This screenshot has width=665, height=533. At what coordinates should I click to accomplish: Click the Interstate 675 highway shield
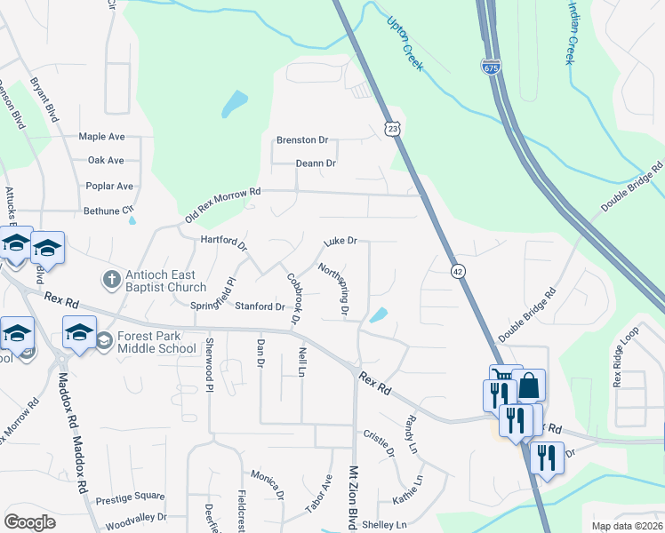(x=492, y=68)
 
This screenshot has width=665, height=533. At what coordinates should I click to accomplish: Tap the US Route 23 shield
(x=394, y=129)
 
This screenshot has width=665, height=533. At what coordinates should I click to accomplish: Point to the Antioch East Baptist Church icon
(x=111, y=279)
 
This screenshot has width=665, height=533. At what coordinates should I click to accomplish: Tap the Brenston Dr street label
(x=302, y=140)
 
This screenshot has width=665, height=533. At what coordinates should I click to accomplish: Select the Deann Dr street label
(x=316, y=163)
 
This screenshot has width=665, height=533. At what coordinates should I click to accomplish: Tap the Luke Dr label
(x=340, y=241)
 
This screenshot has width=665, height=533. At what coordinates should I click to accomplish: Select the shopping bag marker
(x=528, y=386)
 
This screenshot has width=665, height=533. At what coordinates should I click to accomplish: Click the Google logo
(x=29, y=522)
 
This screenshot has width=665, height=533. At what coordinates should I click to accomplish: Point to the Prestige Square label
(x=130, y=497)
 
